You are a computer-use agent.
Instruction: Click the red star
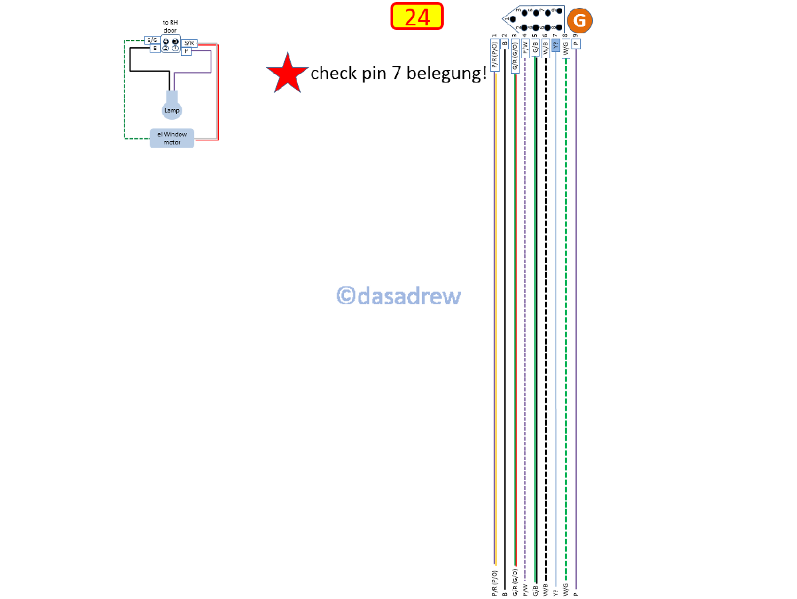(x=287, y=73)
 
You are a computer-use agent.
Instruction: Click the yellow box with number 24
(x=417, y=17)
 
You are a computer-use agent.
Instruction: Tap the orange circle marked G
(x=579, y=21)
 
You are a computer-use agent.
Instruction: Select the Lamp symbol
(x=172, y=109)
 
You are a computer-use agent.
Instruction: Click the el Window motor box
(x=172, y=138)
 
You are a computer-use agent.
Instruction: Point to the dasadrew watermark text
(x=398, y=296)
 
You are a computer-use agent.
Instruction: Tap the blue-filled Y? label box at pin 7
(x=556, y=45)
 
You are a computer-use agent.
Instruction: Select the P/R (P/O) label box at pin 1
(x=494, y=55)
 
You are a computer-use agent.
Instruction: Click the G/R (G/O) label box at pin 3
(x=515, y=55)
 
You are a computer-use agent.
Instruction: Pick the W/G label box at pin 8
(x=565, y=48)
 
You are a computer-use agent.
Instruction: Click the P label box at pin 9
(x=575, y=43)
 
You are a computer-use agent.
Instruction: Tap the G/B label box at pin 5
(x=535, y=48)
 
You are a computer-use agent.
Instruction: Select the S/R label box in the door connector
(x=189, y=43)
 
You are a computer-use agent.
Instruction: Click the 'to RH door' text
(x=170, y=26)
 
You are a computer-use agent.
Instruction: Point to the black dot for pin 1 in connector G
(x=512, y=19)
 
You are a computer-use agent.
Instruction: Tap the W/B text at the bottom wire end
(x=546, y=589)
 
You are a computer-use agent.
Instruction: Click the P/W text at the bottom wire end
(x=525, y=589)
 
